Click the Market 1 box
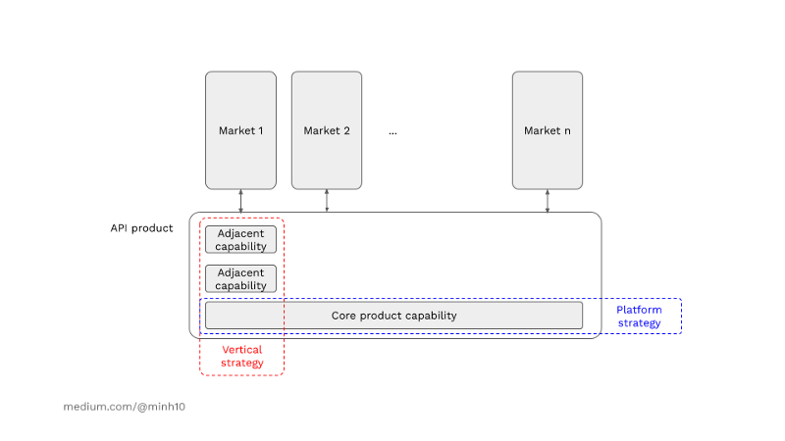(x=240, y=129)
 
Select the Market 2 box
(x=327, y=129)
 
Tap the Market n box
(x=547, y=129)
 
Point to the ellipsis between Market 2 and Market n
(x=392, y=130)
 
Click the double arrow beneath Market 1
(x=240, y=201)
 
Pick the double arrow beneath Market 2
(x=327, y=201)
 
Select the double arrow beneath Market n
(x=548, y=201)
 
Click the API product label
(x=141, y=228)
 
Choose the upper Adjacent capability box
(x=241, y=240)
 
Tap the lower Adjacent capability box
(x=241, y=279)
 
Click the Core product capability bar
(x=393, y=316)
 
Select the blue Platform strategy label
(x=639, y=317)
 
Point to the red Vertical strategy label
(x=241, y=356)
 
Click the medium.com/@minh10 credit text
(x=124, y=406)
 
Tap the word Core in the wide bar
(x=343, y=316)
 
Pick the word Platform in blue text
(x=639, y=310)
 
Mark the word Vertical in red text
(x=241, y=350)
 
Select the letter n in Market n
(x=566, y=130)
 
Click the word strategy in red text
(x=241, y=363)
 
